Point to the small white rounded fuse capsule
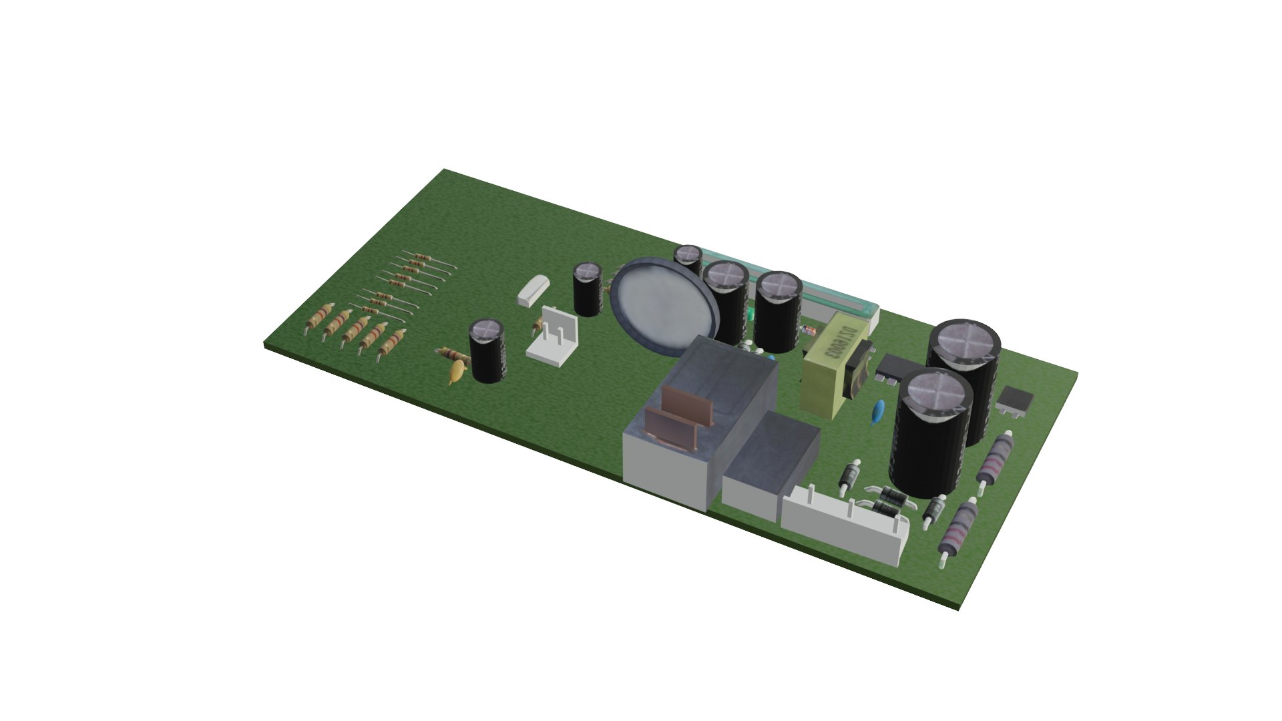[x=533, y=291]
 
